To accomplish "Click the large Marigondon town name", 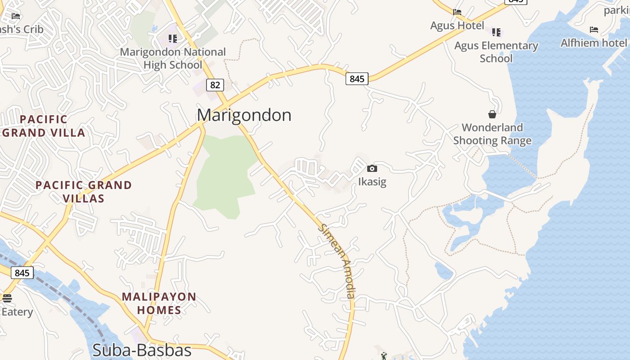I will tap(244, 115).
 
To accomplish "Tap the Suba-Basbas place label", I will tap(142, 350).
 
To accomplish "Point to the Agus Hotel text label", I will tap(457, 26).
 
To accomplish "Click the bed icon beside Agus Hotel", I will tap(457, 12).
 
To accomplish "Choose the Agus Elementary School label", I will tap(496, 52).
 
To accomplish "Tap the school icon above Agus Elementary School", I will tap(496, 32).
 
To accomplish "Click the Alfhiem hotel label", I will tap(594, 43).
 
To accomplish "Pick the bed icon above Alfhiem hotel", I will tap(594, 30).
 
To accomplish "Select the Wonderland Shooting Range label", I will tap(492, 134).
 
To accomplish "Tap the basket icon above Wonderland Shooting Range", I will tap(492, 114).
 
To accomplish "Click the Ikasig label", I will tap(372, 182).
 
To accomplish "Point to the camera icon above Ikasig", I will tap(372, 169).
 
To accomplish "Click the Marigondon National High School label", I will tap(173, 58).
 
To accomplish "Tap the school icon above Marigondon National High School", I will tap(173, 39).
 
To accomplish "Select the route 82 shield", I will tap(216, 85).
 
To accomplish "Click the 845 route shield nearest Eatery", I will tap(22, 273).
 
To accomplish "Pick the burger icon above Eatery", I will tap(7, 298).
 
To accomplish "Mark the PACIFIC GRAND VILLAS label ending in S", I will tap(84, 191).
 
